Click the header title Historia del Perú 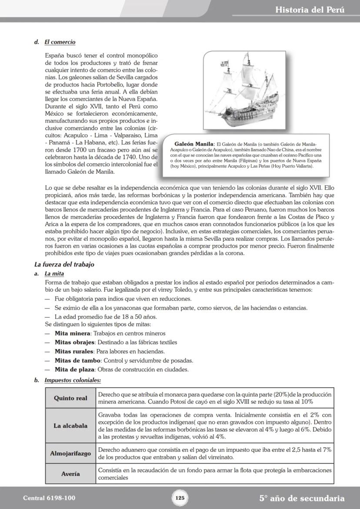[310, 10]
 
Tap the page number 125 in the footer [180, 498]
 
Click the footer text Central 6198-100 [46, 498]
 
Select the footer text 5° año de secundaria [302, 498]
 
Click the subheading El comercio [60, 42]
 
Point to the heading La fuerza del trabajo [64, 264]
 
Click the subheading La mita [54, 274]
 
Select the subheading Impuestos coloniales [73, 380]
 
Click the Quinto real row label [70, 398]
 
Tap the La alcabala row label [70, 426]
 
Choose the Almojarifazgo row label [70, 453]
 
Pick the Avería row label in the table [70, 474]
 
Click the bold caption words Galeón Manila [194, 144]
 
